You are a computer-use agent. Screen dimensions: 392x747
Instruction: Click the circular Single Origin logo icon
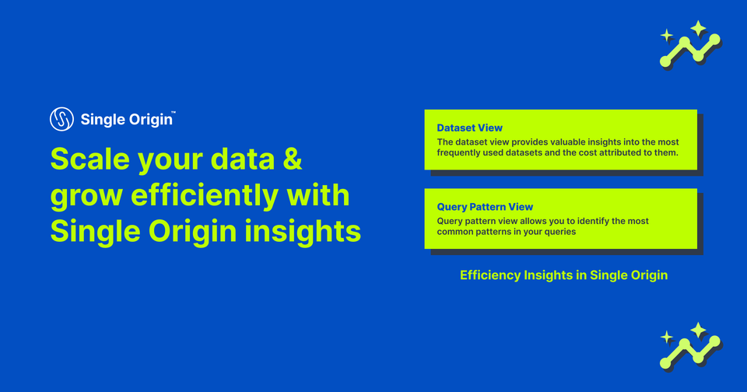[x=62, y=119]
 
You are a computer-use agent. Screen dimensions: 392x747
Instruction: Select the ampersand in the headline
[x=290, y=159]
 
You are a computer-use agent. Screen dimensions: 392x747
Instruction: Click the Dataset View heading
[x=469, y=128]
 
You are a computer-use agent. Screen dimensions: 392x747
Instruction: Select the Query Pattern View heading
[x=485, y=207]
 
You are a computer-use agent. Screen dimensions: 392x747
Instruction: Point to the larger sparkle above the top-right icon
[x=698, y=29]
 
